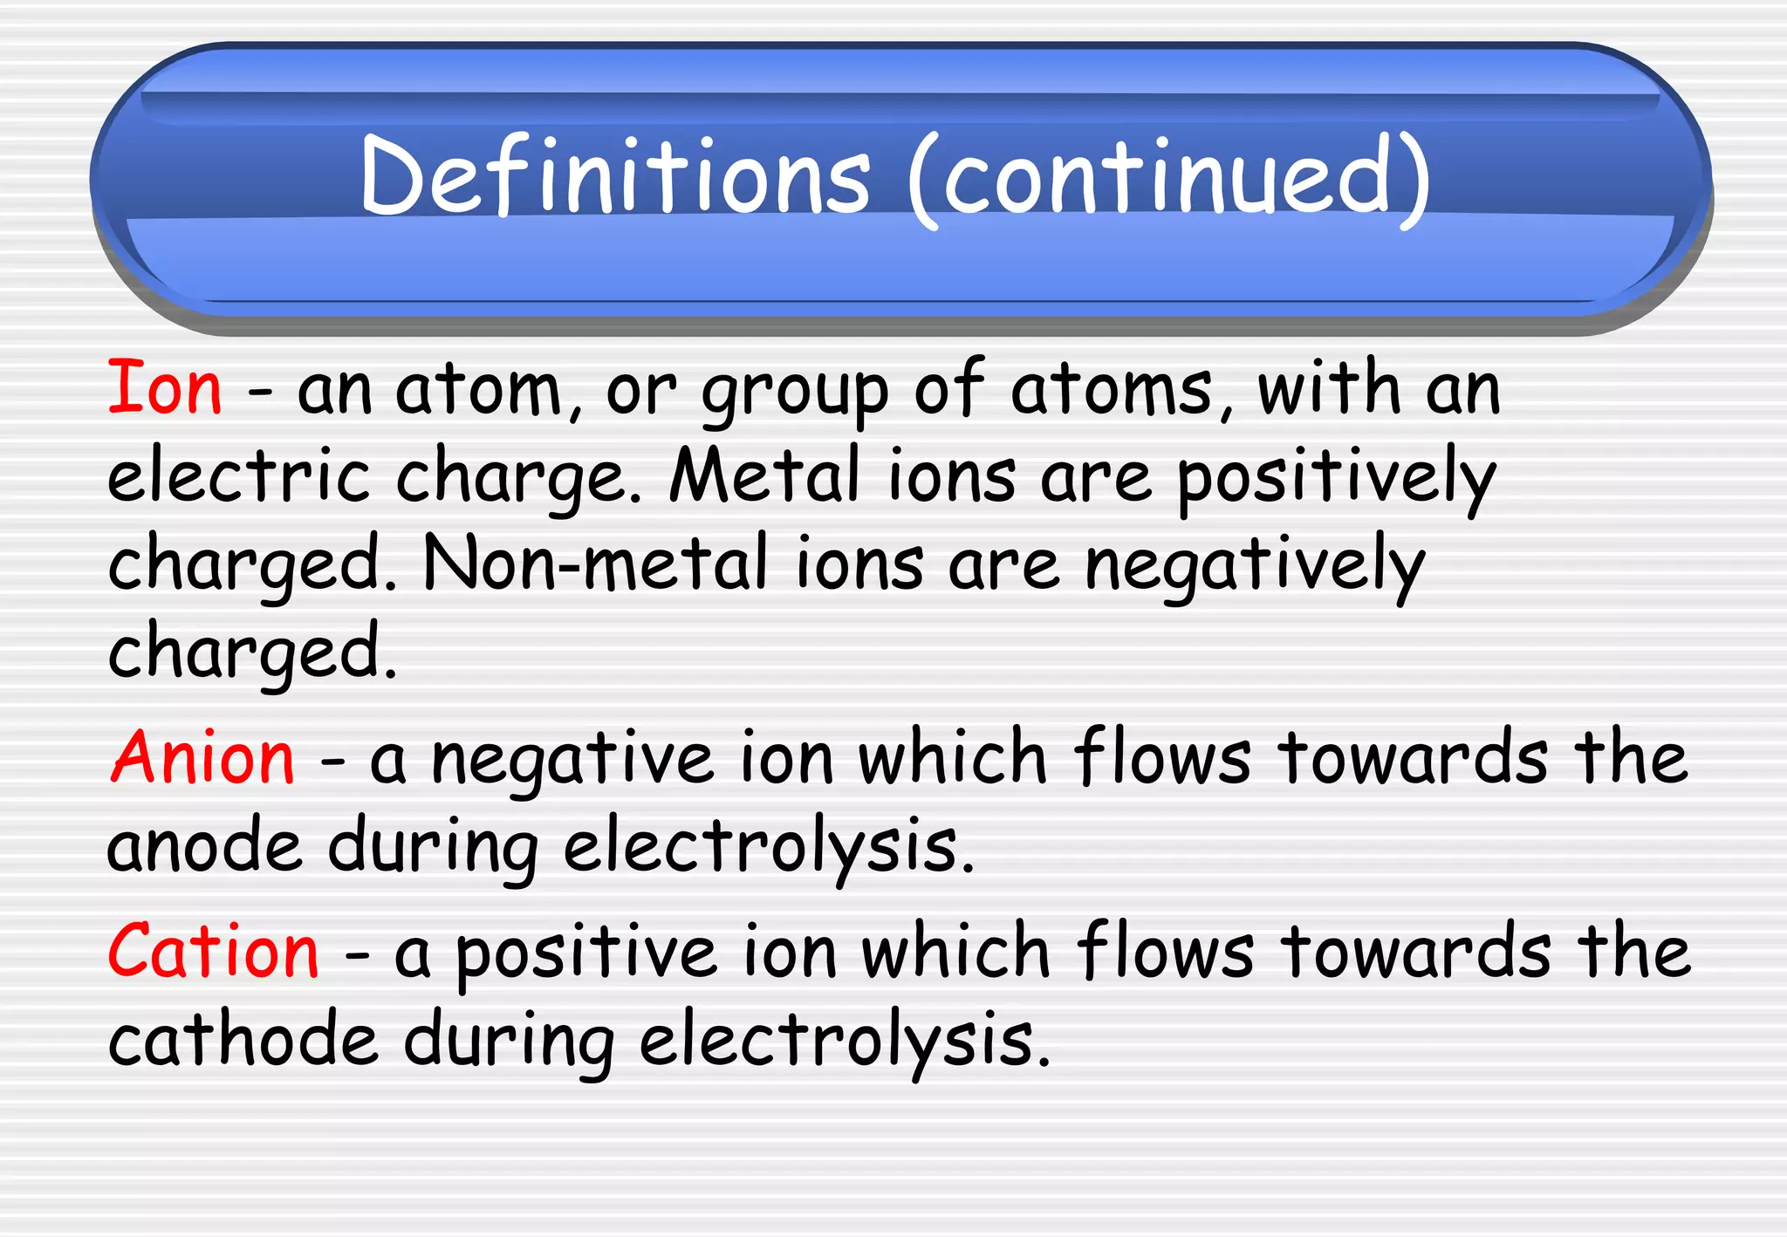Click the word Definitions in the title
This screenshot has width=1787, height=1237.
[x=615, y=177]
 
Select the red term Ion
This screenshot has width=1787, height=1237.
[x=165, y=388]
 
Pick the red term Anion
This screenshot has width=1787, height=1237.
[x=203, y=758]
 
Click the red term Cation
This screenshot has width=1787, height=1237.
[x=214, y=952]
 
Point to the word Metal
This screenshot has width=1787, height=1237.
[x=764, y=476]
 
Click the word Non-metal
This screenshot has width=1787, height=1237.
[x=595, y=564]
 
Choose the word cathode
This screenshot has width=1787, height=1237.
[x=243, y=1039]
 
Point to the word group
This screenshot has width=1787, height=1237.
[x=795, y=393]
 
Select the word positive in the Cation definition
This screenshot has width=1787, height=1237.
[x=585, y=954]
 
